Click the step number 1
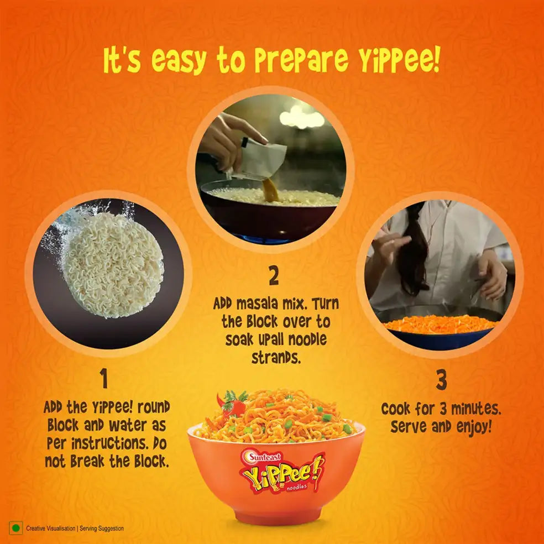pyautogui.click(x=104, y=380)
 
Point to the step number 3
pyautogui.click(x=441, y=380)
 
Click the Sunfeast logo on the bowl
pyautogui.click(x=264, y=456)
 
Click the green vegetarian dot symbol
pyautogui.click(x=15, y=529)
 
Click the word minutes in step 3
pyautogui.click(x=475, y=410)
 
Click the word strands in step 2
pyautogui.click(x=276, y=358)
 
